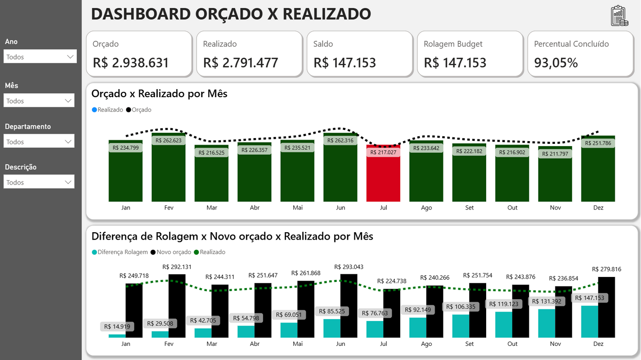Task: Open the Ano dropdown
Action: point(40,56)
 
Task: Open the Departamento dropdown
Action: point(39,142)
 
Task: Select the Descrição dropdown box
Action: point(39,182)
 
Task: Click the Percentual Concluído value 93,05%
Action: point(556,63)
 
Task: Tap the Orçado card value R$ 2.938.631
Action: point(131,63)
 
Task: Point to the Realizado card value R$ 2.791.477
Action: point(240,63)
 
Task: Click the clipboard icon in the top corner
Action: point(619,16)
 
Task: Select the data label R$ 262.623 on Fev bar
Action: point(169,140)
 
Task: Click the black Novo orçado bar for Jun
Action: point(349,306)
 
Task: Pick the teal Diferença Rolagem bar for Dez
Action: point(590,321)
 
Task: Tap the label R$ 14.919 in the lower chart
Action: point(117,327)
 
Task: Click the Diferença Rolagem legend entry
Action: point(120,252)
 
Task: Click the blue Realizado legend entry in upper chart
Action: point(107,110)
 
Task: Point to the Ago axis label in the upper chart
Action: point(426,208)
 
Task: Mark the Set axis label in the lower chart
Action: point(469,344)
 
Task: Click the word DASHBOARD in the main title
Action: point(140,14)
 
